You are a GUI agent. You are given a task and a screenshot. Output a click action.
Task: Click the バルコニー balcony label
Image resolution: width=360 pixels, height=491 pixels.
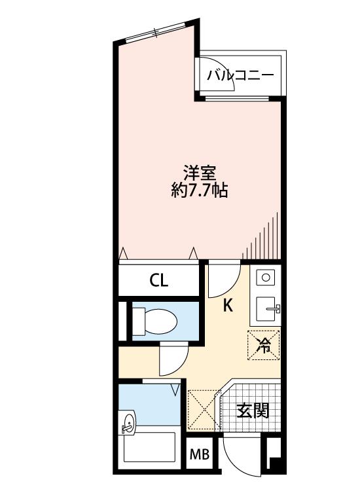click(240, 75)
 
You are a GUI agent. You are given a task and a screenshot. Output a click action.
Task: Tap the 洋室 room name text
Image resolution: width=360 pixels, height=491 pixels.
click(200, 173)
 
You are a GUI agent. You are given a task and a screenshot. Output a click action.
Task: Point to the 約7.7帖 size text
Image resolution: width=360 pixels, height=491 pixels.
click(200, 191)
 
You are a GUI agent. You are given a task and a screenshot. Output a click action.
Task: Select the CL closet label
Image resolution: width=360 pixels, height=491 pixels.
click(158, 280)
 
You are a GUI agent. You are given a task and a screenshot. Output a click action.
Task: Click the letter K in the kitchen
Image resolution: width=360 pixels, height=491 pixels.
click(228, 305)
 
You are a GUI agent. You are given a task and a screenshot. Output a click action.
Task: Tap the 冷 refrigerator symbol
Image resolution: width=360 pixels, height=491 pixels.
click(264, 345)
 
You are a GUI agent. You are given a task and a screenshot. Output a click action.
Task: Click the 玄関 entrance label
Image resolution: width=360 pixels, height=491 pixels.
click(252, 410)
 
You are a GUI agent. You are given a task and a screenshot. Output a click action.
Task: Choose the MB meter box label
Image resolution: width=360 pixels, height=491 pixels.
click(200, 455)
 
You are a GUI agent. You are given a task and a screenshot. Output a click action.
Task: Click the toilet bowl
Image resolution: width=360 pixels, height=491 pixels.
click(155, 321)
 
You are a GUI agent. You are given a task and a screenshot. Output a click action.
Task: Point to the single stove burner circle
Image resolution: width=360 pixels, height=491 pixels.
click(266, 278)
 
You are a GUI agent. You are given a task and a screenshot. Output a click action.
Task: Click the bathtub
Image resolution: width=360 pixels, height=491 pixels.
click(150, 447)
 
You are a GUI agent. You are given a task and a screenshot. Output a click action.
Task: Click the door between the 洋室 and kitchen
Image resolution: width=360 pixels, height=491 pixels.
click(223, 279)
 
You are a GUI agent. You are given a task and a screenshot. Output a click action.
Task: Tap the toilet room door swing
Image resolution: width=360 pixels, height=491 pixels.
click(173, 359)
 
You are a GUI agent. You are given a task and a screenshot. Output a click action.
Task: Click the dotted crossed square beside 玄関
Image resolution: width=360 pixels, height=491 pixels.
click(203, 410)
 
